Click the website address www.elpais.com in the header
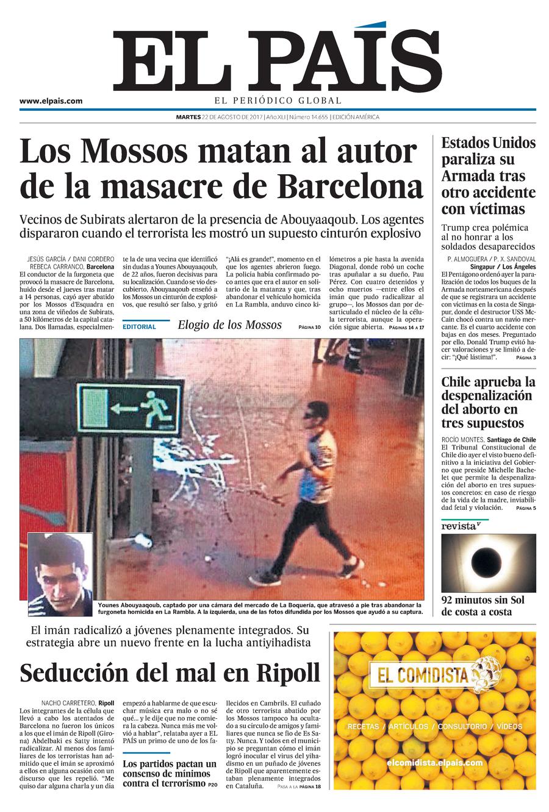point(51,101)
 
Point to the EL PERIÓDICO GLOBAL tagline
point(278,101)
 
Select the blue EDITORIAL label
point(139,327)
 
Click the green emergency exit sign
point(129,408)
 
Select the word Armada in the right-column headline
point(468,177)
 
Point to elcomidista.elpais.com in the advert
point(434,762)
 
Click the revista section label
point(459,526)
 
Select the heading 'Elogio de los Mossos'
point(229,325)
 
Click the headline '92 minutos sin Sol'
point(483,600)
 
